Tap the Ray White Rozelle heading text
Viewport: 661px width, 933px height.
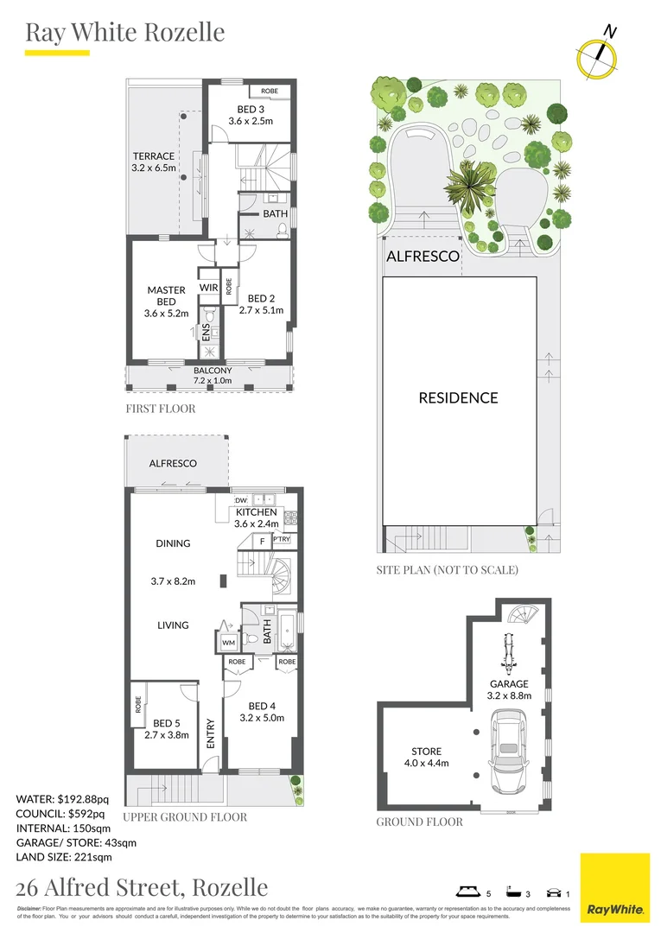pyautogui.click(x=125, y=33)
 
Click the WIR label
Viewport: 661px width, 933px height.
pyautogui.click(x=209, y=288)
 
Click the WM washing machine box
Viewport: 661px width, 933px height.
pyautogui.click(x=228, y=643)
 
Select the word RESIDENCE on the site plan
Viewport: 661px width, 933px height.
pyautogui.click(x=458, y=398)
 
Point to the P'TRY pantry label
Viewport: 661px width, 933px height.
pyautogui.click(x=282, y=540)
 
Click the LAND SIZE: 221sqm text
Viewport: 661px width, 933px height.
pyautogui.click(x=65, y=857)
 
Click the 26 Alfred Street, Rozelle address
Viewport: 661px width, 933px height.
pyautogui.click(x=143, y=887)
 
